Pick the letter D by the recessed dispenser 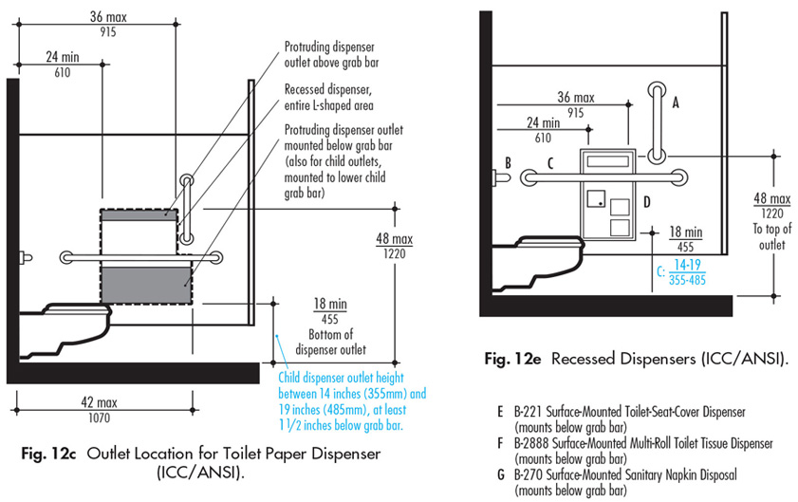pos(645,200)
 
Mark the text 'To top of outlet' pos(770,236)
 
